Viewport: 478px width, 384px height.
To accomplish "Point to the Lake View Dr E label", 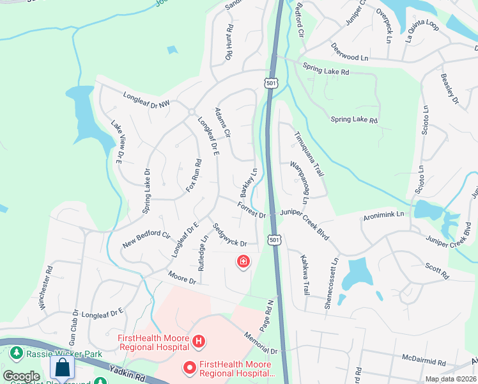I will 116,143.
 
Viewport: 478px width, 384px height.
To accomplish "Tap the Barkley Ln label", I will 249,183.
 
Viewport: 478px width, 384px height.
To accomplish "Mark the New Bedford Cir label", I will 148,240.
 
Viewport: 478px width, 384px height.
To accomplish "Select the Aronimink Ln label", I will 383,214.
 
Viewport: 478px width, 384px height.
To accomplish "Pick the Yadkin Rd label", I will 128,371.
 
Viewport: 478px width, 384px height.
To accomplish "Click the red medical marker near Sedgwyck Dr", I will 243,261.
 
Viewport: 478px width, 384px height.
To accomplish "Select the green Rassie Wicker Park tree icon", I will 17,353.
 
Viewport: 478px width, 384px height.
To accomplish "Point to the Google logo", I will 20,376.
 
